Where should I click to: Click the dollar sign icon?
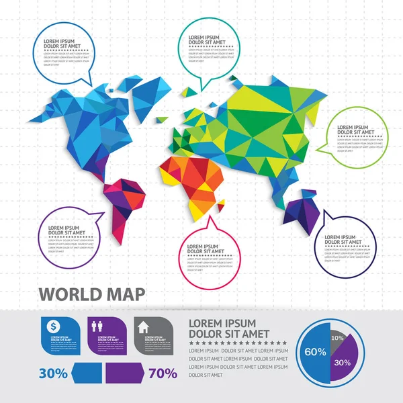point(52,325)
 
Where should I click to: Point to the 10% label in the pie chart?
point(338,337)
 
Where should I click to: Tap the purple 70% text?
point(163,373)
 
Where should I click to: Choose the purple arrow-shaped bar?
point(123,373)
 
